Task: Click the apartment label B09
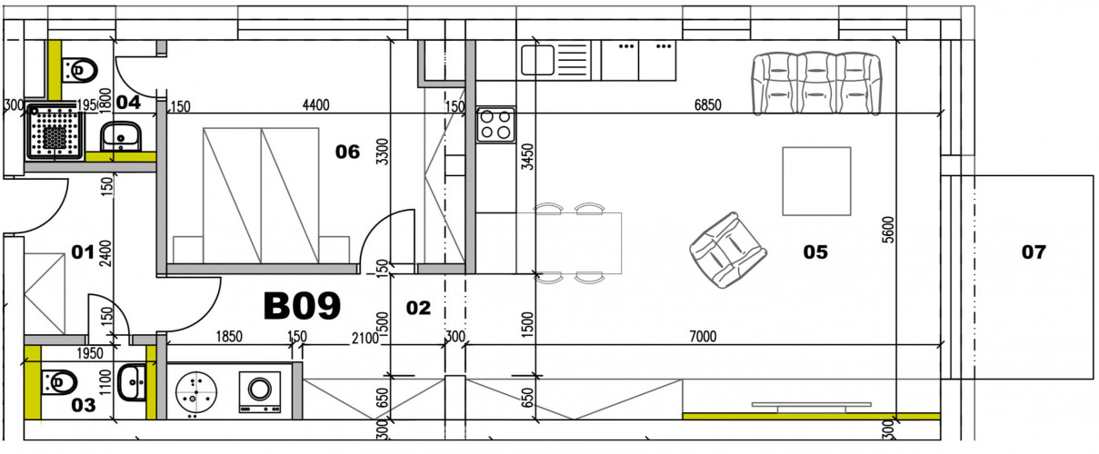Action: click(x=302, y=306)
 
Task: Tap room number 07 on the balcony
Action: click(x=1034, y=252)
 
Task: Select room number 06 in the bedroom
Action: click(x=347, y=152)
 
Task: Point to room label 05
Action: click(x=815, y=252)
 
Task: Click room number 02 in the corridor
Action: click(x=417, y=309)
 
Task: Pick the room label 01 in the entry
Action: click(x=83, y=252)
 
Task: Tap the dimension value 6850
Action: click(x=707, y=105)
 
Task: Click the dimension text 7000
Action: click(x=703, y=337)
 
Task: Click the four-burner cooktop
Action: click(x=496, y=123)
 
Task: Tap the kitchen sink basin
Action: click(x=537, y=62)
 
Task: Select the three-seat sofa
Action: click(x=817, y=83)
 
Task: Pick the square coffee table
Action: click(x=816, y=181)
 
